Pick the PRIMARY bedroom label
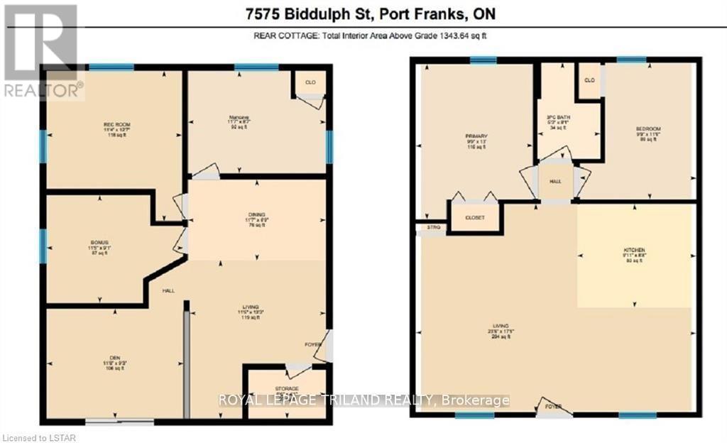474,136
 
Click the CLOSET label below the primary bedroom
474,218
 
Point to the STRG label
433,227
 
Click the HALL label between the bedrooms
555,182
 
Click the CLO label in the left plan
310,82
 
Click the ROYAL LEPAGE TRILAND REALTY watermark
363,400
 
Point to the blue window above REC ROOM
111,67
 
